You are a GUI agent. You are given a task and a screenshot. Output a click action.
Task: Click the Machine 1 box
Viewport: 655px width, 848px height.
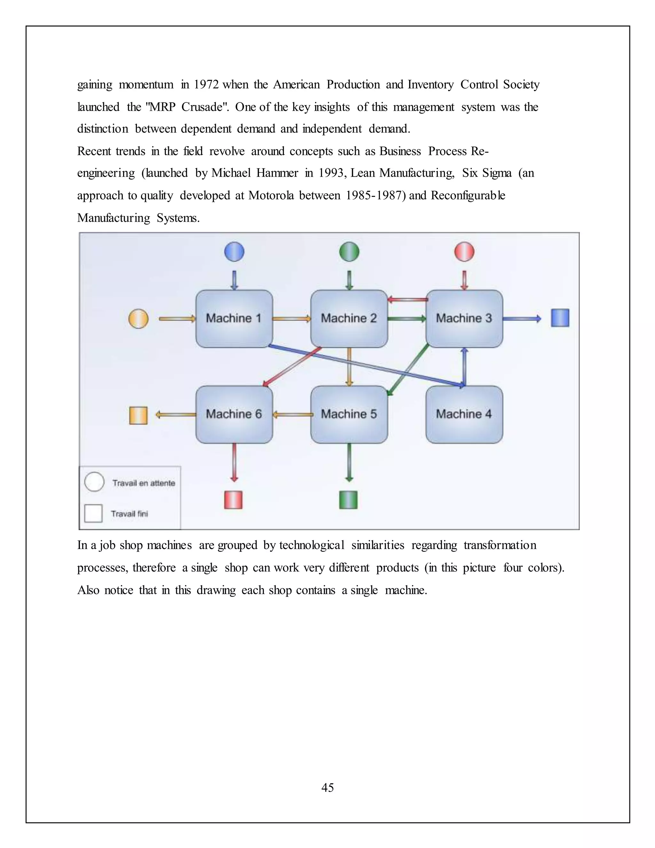[x=234, y=318]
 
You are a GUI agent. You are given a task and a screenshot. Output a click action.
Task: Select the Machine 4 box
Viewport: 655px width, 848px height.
[x=464, y=414]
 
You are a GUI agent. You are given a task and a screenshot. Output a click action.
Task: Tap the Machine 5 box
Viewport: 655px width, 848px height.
[x=349, y=414]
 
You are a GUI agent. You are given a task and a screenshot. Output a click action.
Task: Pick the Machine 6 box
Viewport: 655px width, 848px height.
[x=234, y=414]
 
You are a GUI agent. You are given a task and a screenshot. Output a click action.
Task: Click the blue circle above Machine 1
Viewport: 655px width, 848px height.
[x=234, y=252]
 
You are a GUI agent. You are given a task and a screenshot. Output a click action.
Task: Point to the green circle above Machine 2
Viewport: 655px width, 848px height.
[x=349, y=252]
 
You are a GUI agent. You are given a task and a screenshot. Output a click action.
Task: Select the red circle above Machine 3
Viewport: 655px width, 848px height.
[x=464, y=252]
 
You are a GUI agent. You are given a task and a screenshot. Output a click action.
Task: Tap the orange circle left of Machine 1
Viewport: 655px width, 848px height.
[x=138, y=319]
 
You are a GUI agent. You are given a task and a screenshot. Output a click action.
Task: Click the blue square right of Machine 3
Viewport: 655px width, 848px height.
[x=560, y=318]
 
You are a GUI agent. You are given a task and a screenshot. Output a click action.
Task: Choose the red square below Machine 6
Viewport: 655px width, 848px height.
[x=233, y=500]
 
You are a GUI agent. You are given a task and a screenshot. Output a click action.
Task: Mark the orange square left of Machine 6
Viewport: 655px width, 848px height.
[x=138, y=415]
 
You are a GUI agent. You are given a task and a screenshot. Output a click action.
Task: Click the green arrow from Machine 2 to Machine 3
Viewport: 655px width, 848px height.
[x=407, y=319]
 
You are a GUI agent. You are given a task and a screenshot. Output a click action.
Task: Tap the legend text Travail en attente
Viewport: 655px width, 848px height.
[x=144, y=483]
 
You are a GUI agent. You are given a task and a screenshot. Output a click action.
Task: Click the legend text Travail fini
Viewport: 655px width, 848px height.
[x=129, y=514]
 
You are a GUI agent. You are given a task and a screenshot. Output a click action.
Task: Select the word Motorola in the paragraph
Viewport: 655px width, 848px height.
[x=271, y=195]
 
